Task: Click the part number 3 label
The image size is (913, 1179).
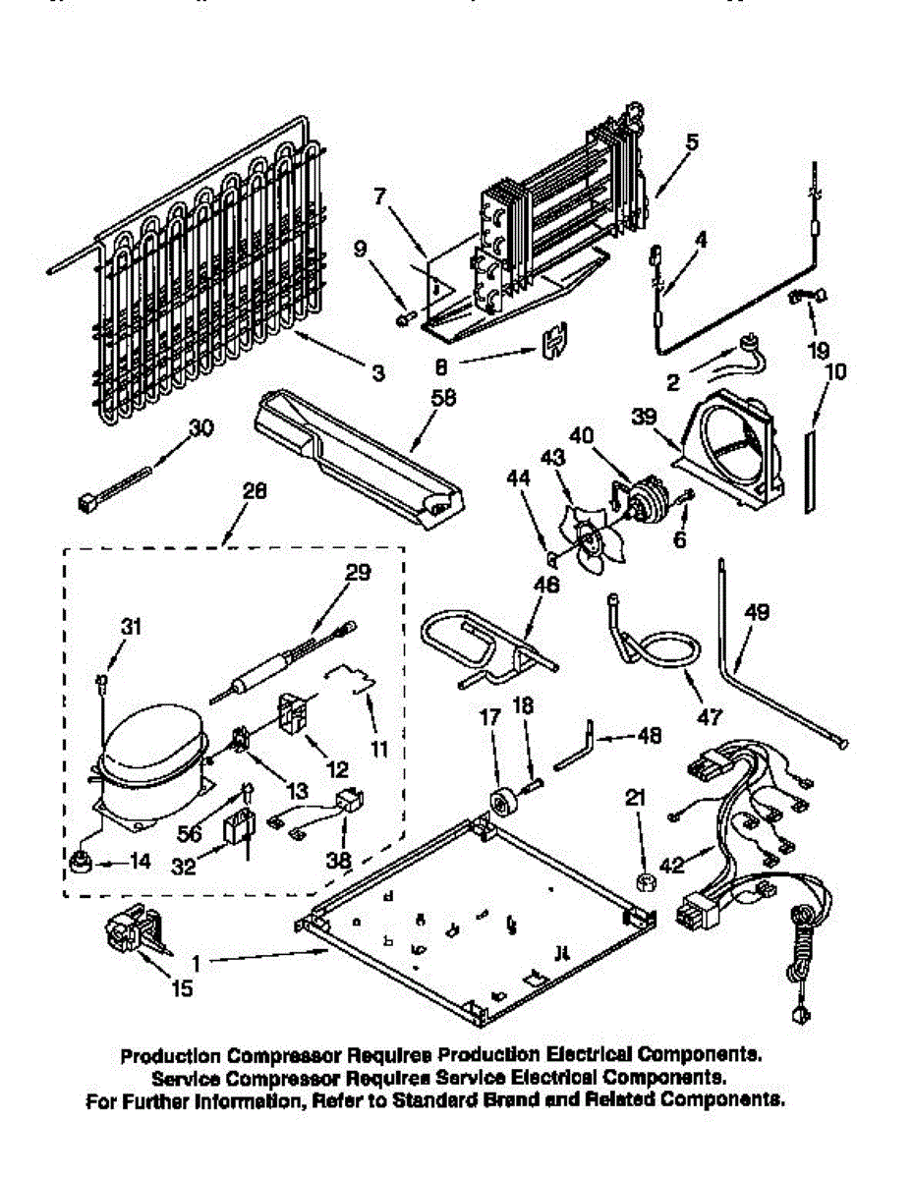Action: [x=378, y=373]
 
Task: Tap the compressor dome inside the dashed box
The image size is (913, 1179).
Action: [x=152, y=745]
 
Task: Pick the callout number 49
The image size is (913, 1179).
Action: [x=756, y=612]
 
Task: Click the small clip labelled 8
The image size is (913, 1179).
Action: [x=558, y=340]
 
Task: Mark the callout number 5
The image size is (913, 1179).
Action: [x=693, y=140]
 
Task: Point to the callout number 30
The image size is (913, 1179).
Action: [x=200, y=427]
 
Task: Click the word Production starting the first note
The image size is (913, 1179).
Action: [x=171, y=1057]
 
